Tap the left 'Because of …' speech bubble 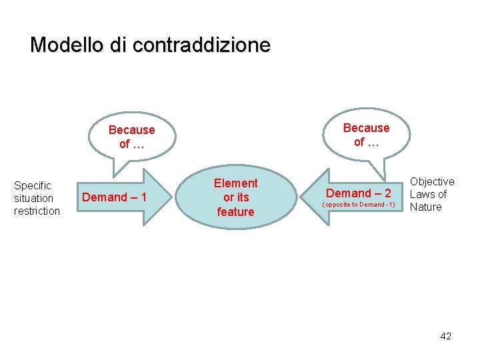tap(131, 137)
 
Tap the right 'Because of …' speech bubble tap(366, 134)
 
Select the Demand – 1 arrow tap(120, 197)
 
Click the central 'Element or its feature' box tap(235, 197)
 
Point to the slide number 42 tap(445, 336)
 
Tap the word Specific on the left tap(33, 185)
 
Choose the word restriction tap(37, 211)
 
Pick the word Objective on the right tap(432, 181)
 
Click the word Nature tap(426, 207)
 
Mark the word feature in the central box tap(235, 212)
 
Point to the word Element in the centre tap(235, 183)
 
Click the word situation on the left tap(33, 198)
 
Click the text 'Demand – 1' tap(114, 197)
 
